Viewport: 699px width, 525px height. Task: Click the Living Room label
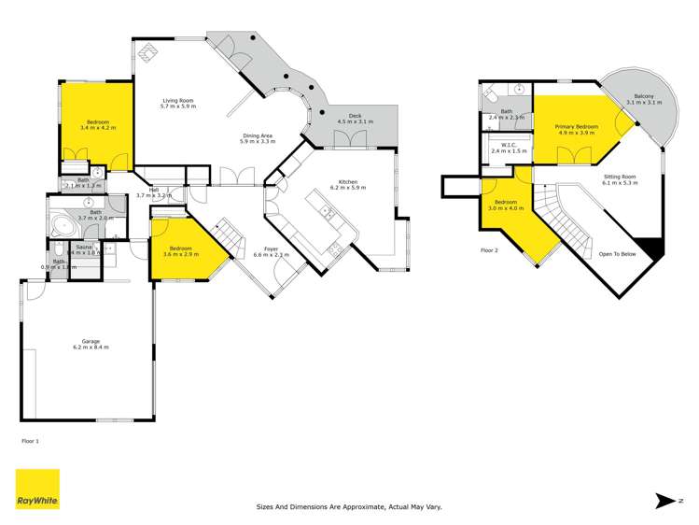(x=176, y=103)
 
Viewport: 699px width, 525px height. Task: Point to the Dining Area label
(x=257, y=137)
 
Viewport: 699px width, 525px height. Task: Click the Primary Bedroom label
(x=576, y=129)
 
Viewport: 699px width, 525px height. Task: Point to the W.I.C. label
(x=509, y=147)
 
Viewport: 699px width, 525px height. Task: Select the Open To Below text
(x=618, y=252)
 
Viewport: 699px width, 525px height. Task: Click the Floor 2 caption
(x=490, y=250)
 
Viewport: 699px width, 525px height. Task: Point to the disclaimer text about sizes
(x=349, y=507)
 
